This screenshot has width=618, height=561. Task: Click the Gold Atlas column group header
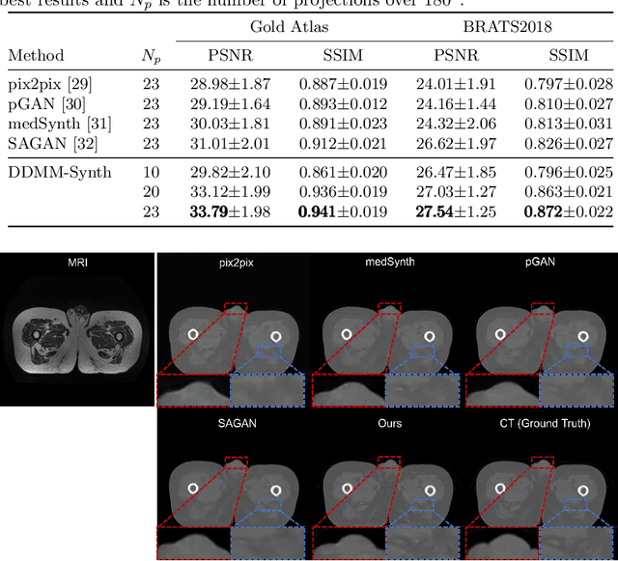point(288,27)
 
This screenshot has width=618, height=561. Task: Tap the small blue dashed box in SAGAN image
point(267,504)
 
